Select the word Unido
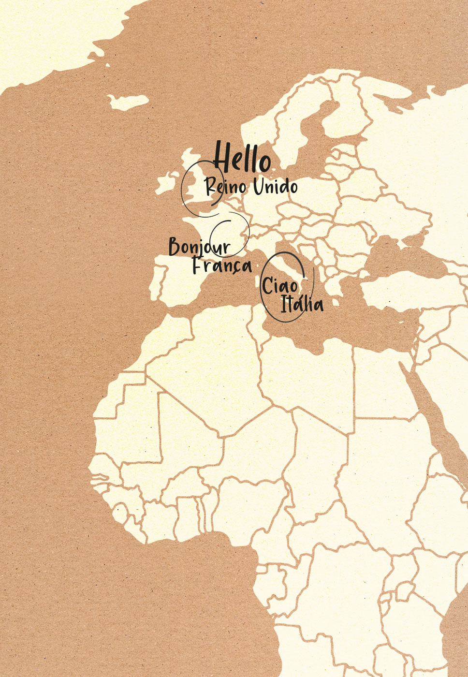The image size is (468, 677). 275,186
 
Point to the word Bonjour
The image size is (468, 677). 199,247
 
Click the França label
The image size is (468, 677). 222,265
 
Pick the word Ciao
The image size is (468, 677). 280,286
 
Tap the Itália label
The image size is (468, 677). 302,304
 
